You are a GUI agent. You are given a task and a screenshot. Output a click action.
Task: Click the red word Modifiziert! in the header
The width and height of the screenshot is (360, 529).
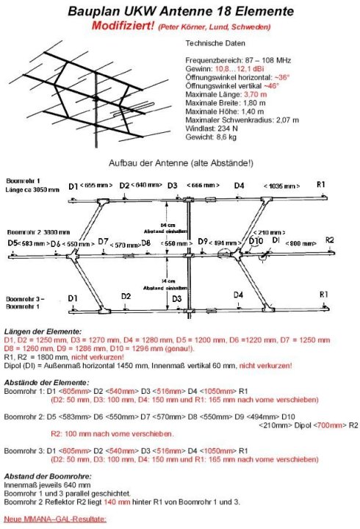tap(124, 26)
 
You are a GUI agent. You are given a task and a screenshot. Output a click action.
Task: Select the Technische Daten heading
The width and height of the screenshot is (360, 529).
tap(212, 43)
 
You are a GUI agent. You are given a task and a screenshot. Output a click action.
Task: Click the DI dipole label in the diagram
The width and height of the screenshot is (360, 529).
tap(276, 240)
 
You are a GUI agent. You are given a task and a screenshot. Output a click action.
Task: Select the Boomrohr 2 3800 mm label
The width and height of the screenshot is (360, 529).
tap(32, 230)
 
